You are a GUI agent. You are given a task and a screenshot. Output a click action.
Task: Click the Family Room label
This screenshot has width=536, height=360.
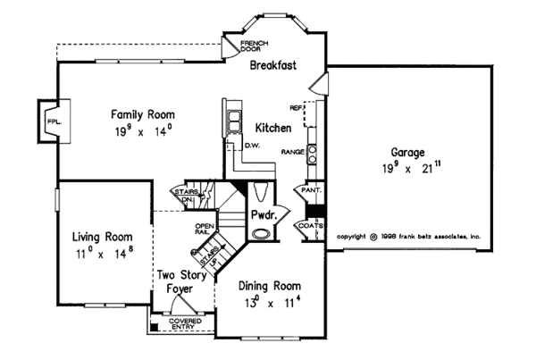(x=142, y=114)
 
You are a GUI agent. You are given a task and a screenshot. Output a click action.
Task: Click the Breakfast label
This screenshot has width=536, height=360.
(x=272, y=66)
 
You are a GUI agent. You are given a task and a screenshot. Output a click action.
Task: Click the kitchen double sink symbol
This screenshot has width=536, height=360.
(x=234, y=120)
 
